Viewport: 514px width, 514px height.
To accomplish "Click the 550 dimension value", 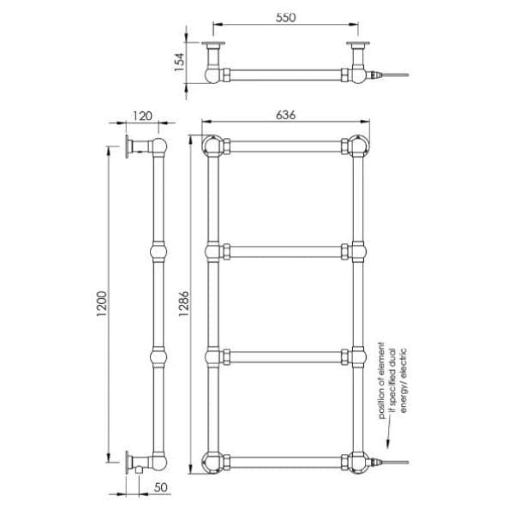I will coord(286,16).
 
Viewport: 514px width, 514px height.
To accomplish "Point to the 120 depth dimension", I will coord(141,117).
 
